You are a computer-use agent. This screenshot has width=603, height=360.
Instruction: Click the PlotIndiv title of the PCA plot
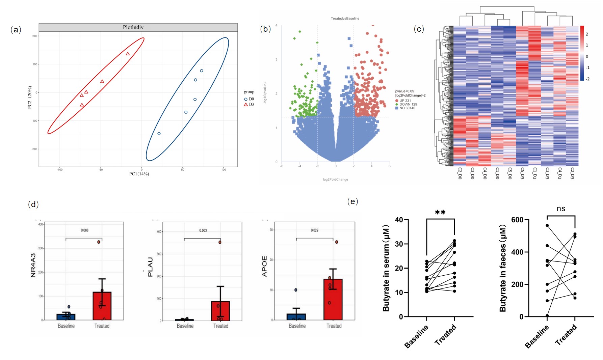(x=133, y=27)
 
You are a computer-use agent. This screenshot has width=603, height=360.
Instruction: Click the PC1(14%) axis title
(x=139, y=174)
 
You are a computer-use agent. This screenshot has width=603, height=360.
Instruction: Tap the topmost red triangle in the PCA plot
(x=128, y=54)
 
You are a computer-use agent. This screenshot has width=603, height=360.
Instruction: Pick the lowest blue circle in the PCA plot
(x=159, y=134)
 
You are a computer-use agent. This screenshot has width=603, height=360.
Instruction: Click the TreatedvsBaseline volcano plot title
(x=345, y=19)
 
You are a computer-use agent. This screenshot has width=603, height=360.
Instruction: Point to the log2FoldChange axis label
(x=335, y=179)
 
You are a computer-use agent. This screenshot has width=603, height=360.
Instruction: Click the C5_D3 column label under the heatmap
(x=522, y=173)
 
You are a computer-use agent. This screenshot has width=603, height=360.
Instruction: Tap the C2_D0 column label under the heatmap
(x=460, y=173)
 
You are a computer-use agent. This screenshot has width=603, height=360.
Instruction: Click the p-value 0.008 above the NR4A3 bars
(x=84, y=230)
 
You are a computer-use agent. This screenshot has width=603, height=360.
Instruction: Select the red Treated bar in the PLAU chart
(x=220, y=311)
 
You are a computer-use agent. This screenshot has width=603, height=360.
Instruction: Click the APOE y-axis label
(x=265, y=266)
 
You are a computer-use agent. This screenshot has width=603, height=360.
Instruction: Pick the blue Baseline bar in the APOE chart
(x=296, y=317)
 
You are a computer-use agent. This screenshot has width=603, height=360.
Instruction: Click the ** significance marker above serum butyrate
(x=440, y=213)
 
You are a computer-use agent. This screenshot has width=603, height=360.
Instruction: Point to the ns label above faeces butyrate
(x=561, y=209)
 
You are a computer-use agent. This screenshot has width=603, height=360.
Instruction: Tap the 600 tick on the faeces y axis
(x=517, y=220)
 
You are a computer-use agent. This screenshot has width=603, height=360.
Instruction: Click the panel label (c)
(x=419, y=29)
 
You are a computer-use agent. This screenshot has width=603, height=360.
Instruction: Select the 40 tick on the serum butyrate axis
(x=399, y=220)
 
